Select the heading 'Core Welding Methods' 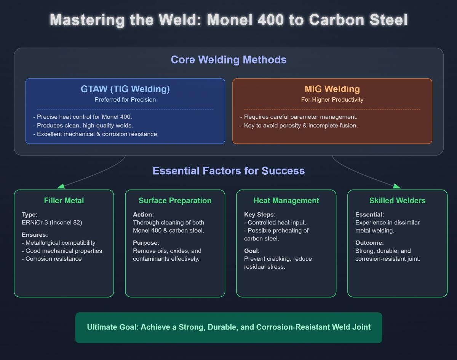(228, 60)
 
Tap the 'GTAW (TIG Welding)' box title (125, 89)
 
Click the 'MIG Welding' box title (332, 89)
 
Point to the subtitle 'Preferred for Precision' (125, 100)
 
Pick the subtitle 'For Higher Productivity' (332, 100)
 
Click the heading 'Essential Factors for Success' (228, 170)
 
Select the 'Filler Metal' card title (64, 201)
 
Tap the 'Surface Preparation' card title (175, 201)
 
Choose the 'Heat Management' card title (286, 201)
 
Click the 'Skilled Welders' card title (397, 201)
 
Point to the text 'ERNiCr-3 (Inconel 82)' (52, 223)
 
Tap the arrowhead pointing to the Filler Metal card (61, 186)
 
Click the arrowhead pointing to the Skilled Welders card (396, 186)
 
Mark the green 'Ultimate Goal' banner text (228, 327)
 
